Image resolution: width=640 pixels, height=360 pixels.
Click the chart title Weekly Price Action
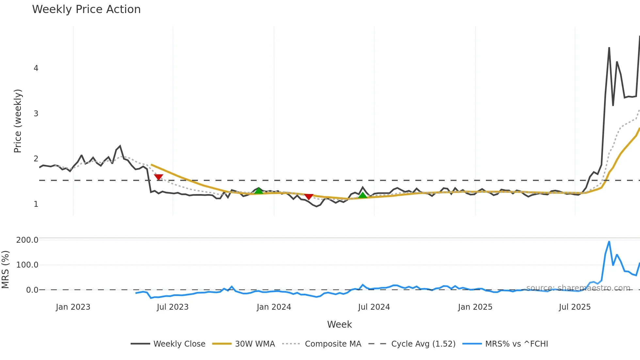[x=86, y=9]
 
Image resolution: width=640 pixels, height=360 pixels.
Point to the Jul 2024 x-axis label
[x=374, y=307]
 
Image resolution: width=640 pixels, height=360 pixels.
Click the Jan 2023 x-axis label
[x=73, y=307]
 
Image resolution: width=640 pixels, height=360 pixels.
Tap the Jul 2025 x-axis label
[x=575, y=307]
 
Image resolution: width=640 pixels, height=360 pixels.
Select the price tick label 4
[x=36, y=68]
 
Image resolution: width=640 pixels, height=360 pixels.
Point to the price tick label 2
[x=36, y=159]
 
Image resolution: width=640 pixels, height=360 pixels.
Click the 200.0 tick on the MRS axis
[x=27, y=240]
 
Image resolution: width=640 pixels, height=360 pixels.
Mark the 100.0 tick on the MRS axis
[x=27, y=265]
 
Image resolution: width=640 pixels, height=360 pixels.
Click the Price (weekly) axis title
[x=18, y=121]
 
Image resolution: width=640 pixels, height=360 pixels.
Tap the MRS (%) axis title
[x=5, y=270]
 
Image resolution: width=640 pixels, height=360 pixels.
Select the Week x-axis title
[x=339, y=324]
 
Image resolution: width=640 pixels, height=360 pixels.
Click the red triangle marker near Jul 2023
[x=158, y=177]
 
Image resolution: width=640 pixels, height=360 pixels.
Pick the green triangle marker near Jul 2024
[x=362, y=195]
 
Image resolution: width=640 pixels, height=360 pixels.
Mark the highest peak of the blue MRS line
[x=609, y=242]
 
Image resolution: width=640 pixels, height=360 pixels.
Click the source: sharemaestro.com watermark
[x=578, y=288]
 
